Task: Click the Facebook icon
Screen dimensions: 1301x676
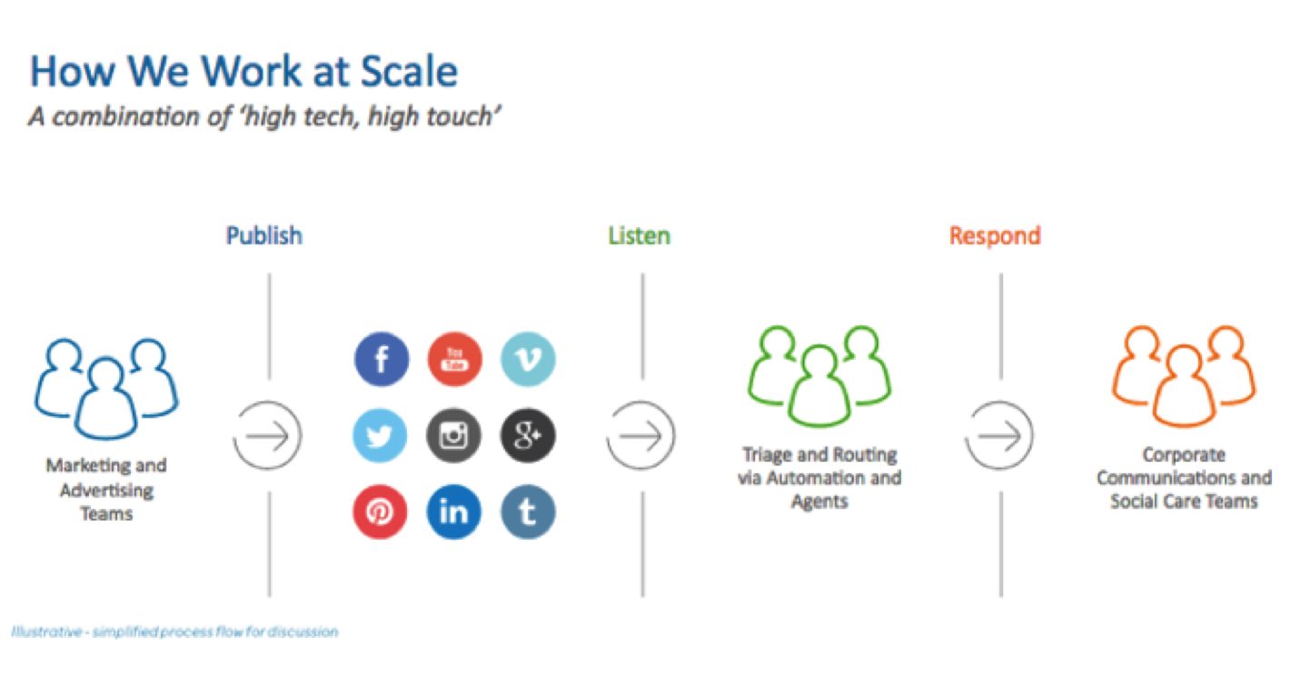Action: point(381,360)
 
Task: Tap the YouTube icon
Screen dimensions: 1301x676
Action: point(454,360)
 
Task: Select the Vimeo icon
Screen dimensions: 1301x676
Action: point(527,360)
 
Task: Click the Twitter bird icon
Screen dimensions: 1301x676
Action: point(380,435)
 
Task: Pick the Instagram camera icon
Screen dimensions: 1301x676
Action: point(453,435)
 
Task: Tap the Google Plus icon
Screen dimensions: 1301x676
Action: point(527,435)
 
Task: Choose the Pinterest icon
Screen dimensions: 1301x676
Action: point(380,512)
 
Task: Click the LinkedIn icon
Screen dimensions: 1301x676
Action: point(453,512)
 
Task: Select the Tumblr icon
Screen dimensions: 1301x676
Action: point(527,512)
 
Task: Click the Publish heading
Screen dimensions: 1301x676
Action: point(264,236)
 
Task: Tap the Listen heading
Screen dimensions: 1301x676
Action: point(639,236)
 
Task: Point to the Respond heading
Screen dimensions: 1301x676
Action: point(995,236)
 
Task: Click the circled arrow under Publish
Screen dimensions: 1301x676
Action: point(268,435)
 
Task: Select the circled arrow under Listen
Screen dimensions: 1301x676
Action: point(641,435)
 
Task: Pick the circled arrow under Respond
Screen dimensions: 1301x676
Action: point(999,435)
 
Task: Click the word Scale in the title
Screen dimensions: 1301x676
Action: point(409,72)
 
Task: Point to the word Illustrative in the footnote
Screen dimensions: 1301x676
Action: point(46,631)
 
